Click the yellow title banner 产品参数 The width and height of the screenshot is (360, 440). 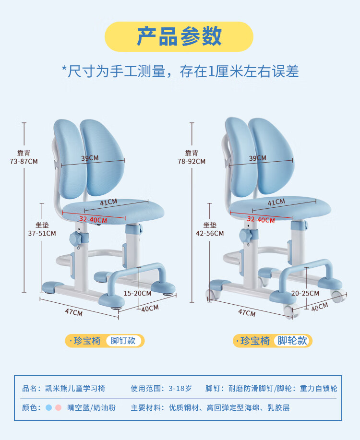(179, 36)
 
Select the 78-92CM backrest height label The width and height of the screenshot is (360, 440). (192, 161)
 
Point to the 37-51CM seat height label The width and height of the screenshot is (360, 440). (42, 233)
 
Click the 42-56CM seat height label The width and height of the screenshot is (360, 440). (210, 233)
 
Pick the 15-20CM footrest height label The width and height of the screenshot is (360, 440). (138, 293)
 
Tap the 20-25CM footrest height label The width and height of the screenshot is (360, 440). (305, 293)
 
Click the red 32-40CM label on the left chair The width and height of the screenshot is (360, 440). (93, 219)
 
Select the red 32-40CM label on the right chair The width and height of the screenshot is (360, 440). (261, 219)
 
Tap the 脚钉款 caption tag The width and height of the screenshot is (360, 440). (123, 341)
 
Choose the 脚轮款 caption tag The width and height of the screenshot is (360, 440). (292, 341)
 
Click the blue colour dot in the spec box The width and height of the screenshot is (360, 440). (48, 408)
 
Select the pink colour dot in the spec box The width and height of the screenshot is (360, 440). (58, 408)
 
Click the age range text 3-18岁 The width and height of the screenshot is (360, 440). (180, 389)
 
